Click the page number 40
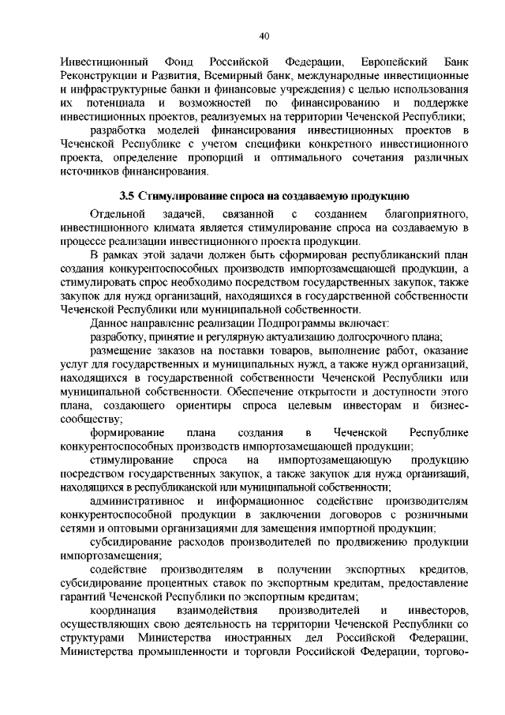coord(264,35)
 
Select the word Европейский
coord(395,62)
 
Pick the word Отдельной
coord(118,214)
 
